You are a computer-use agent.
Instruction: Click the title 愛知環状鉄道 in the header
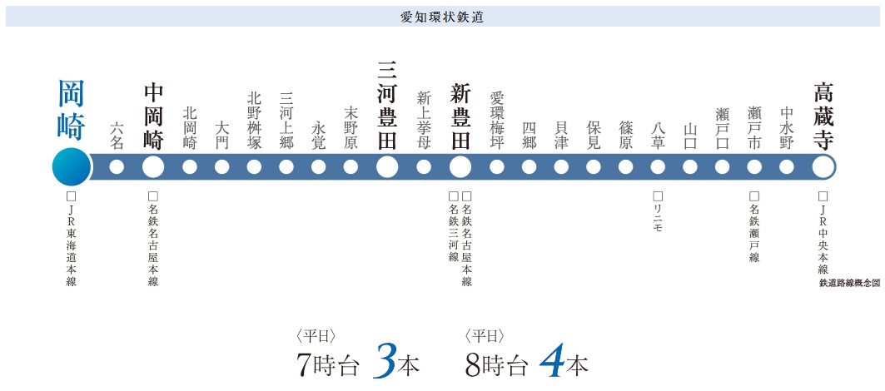442,16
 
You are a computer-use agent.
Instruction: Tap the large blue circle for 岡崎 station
71,167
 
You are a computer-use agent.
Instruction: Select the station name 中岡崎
153,115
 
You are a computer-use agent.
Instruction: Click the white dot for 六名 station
117,167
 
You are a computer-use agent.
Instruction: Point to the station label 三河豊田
386,105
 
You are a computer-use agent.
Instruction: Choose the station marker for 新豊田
460,167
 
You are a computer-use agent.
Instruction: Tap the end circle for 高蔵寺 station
823,167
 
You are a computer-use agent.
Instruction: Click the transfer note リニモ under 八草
658,213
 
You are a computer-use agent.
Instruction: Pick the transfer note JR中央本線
823,234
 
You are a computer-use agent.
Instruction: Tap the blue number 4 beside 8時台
552,360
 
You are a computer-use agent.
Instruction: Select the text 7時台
327,364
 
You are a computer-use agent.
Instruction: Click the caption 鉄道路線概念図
849,283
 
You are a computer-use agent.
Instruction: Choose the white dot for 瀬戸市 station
754,167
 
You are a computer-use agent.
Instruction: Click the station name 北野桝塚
255,121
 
